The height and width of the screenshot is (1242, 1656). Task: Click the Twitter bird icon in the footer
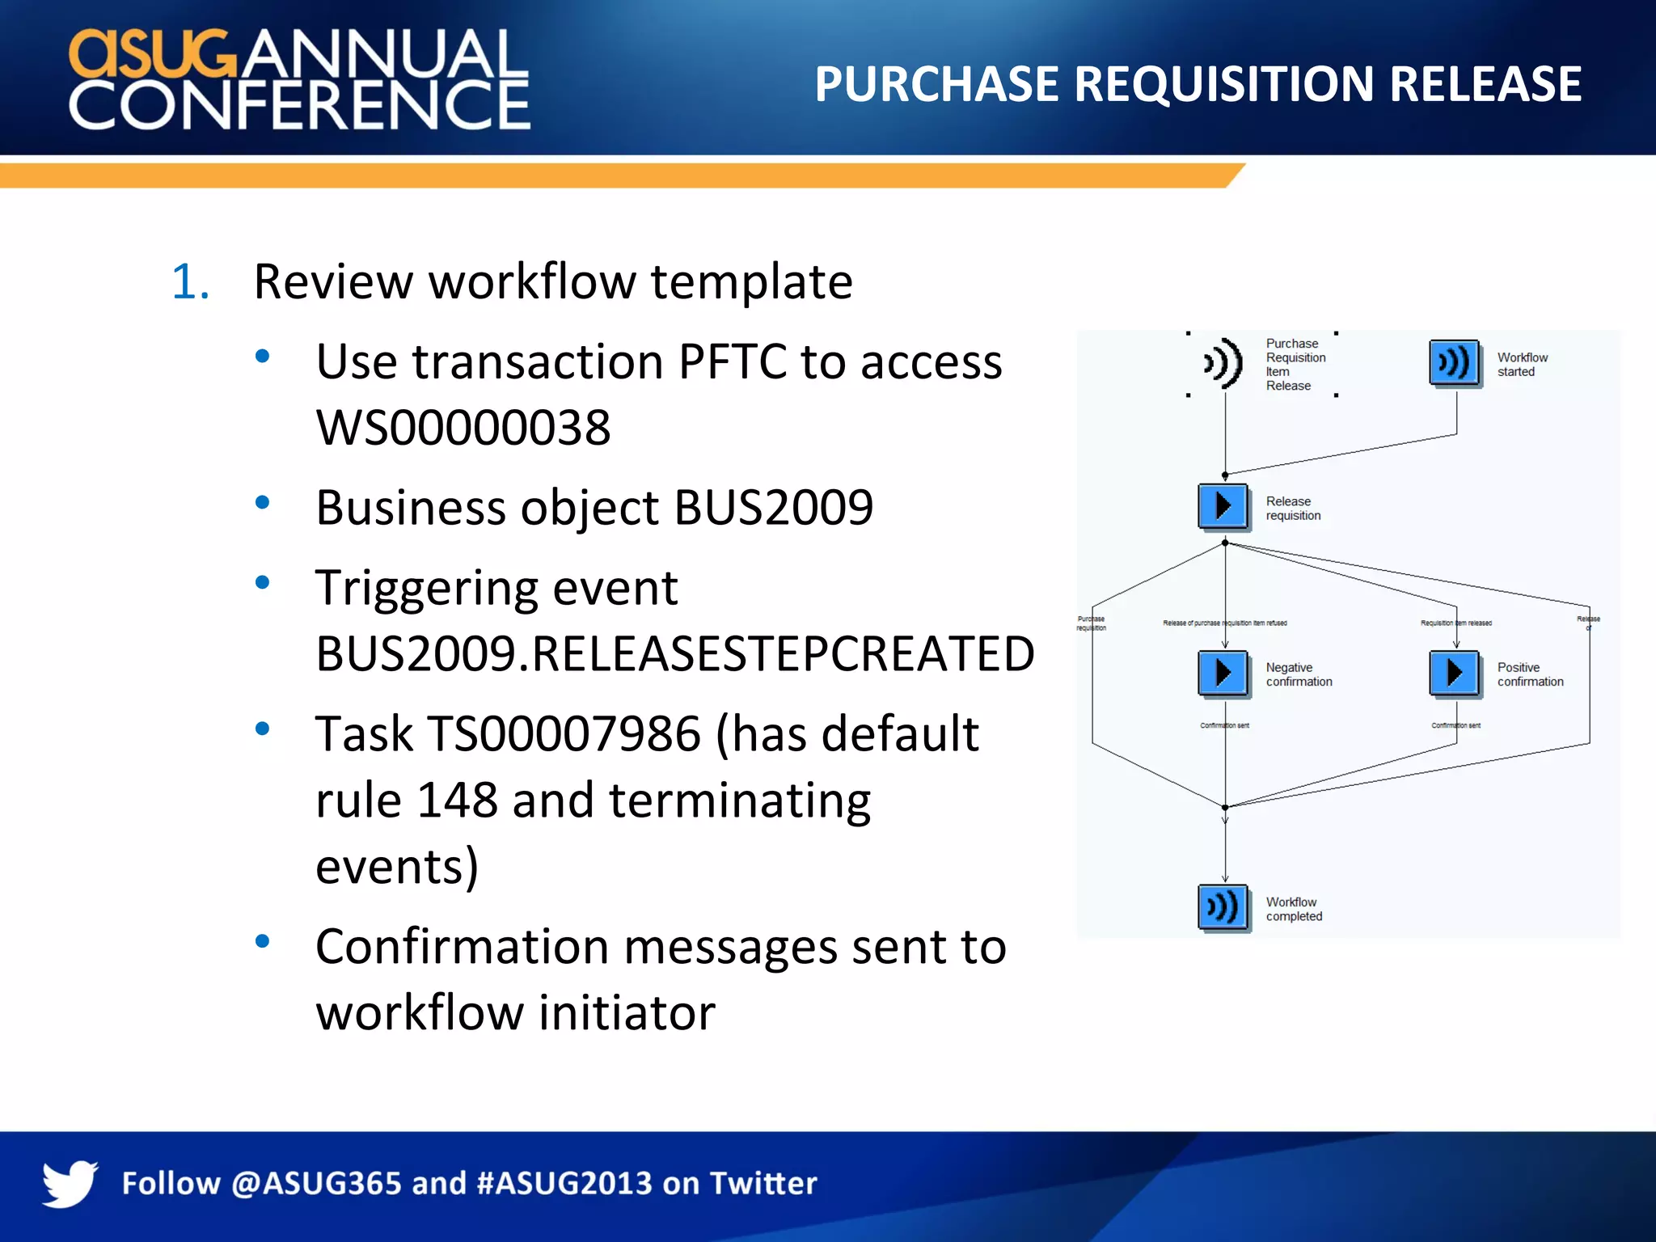click(70, 1183)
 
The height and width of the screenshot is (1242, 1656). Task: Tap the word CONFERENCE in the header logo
click(299, 104)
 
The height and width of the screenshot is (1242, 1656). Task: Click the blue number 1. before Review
click(190, 282)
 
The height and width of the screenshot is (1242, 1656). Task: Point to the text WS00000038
click(463, 427)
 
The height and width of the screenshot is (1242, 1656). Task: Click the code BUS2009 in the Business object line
click(773, 508)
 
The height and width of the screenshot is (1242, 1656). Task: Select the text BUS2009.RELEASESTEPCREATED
click(674, 653)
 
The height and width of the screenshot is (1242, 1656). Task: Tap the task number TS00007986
click(564, 734)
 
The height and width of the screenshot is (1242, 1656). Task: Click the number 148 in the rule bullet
click(457, 801)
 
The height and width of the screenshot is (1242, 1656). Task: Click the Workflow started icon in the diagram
click(1454, 363)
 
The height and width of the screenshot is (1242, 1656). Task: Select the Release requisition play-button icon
click(1223, 506)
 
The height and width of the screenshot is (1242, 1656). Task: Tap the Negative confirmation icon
click(1223, 673)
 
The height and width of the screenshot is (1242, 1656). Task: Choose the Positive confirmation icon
click(1454, 673)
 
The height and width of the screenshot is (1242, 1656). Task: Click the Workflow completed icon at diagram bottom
click(1223, 907)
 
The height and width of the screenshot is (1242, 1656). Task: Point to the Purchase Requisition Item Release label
click(1295, 365)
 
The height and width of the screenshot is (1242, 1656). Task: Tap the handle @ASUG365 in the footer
click(316, 1183)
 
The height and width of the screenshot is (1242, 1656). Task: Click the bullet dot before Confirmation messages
click(262, 941)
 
